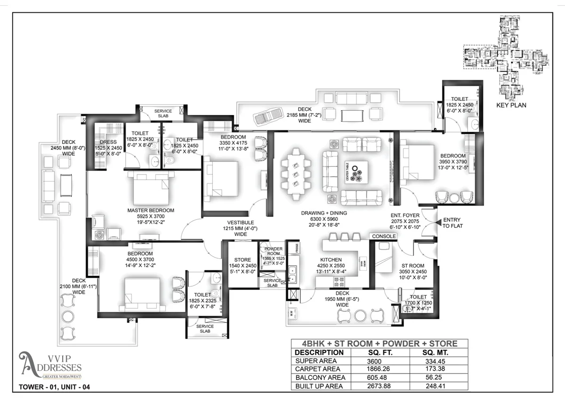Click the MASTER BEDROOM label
tap(151, 210)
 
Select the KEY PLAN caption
tap(511, 105)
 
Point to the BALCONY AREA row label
tap(320, 378)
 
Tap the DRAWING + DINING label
tap(324, 213)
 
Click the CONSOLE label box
tap(384, 236)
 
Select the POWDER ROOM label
tap(273, 249)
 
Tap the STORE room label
tap(243, 260)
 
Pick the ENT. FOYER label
tap(405, 216)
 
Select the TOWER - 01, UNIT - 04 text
tap(54, 388)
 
